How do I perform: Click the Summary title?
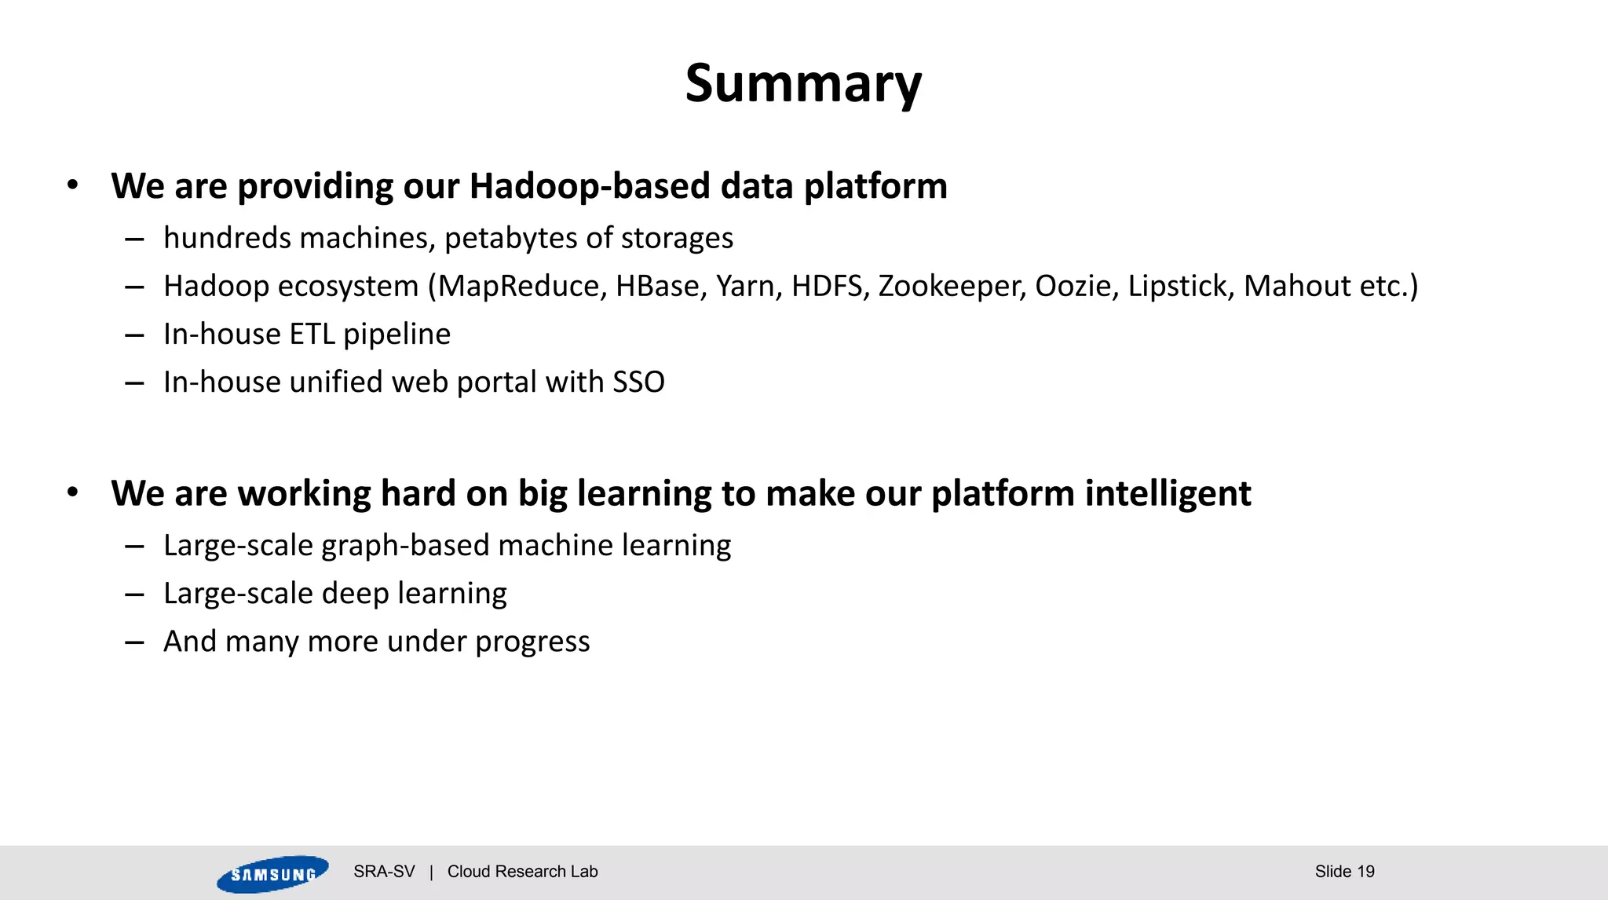[x=802, y=83]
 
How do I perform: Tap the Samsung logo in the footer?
[x=272, y=874]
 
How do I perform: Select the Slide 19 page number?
[x=1344, y=872]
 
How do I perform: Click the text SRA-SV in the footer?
[x=384, y=872]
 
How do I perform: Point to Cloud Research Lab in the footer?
[x=522, y=872]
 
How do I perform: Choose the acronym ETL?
[x=312, y=335]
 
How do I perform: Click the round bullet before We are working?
[x=73, y=493]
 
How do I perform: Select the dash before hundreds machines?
[x=134, y=240]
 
